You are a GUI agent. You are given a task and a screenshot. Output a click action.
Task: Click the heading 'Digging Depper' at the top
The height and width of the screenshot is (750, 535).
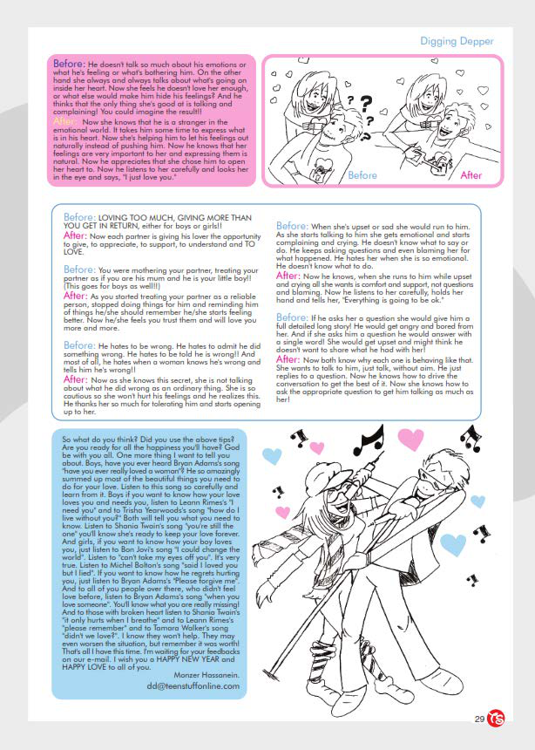tap(457, 41)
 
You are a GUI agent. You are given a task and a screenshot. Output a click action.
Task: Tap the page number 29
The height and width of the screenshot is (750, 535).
tap(479, 719)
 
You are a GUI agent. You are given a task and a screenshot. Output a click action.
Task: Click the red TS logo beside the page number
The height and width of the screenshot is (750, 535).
tap(498, 718)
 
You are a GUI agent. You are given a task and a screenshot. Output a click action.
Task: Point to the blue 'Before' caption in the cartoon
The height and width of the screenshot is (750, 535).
tap(362, 174)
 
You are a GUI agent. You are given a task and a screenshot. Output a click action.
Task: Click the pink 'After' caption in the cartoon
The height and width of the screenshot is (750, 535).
tap(471, 174)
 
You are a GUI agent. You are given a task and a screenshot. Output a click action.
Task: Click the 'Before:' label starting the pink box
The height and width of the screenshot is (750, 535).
tap(69, 64)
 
